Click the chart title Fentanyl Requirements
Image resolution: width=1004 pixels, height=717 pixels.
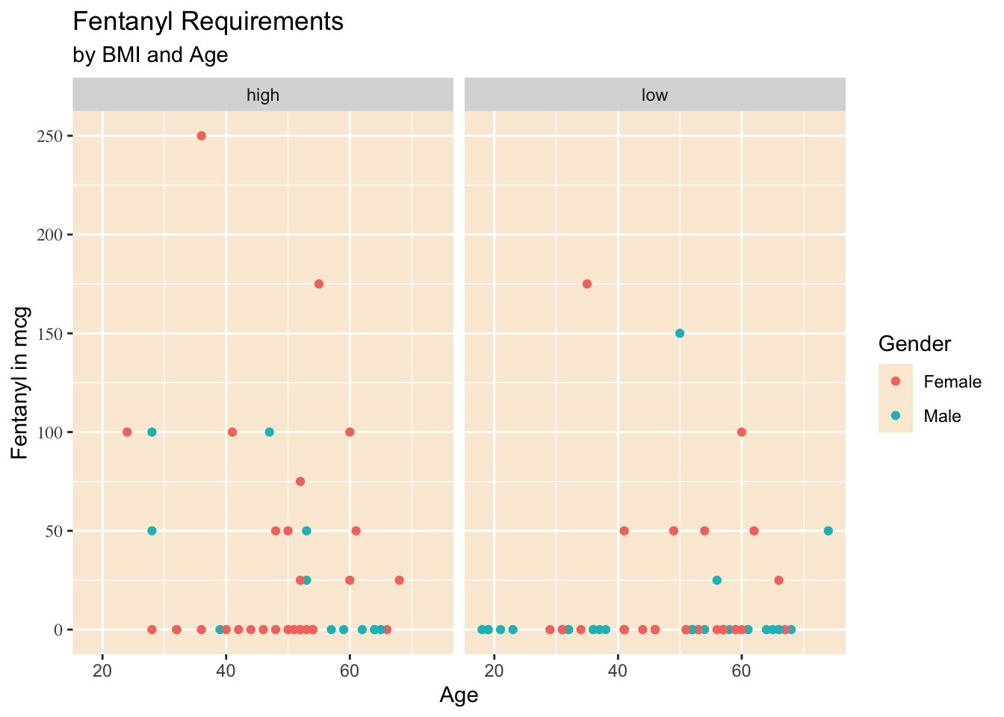(x=208, y=22)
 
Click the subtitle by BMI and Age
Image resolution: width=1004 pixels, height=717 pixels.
(x=150, y=55)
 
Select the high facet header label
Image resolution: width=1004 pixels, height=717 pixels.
(x=263, y=95)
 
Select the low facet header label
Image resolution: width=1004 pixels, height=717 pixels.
(x=655, y=95)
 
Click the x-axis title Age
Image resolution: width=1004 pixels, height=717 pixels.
(x=459, y=695)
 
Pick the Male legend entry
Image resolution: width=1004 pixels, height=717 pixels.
(x=942, y=416)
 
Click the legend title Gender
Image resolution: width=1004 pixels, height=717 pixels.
(x=915, y=344)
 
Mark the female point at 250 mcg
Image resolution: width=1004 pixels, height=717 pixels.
(x=201, y=136)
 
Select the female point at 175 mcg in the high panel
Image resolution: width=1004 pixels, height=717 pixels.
(x=319, y=284)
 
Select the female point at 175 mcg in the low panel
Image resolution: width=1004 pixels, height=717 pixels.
(x=587, y=284)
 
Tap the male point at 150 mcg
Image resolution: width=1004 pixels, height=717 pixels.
(x=680, y=333)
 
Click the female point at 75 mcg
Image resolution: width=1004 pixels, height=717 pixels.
(x=300, y=481)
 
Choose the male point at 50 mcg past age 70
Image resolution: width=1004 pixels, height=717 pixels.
(x=828, y=531)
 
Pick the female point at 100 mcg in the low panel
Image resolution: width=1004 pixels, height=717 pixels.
(x=742, y=432)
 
